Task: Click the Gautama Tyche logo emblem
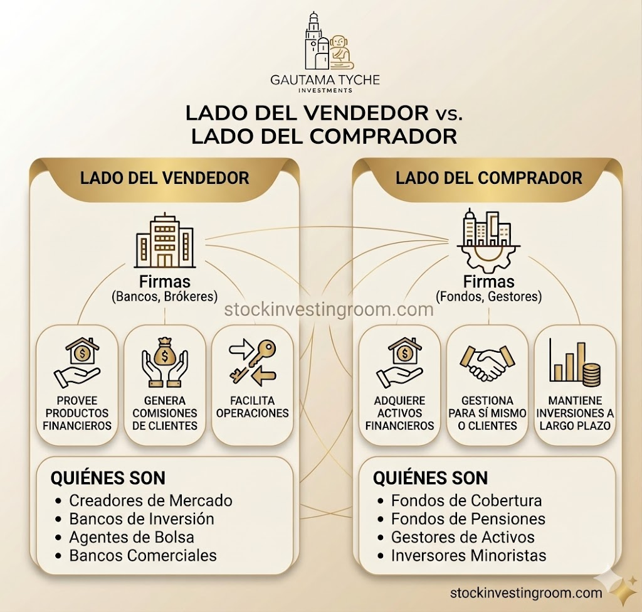(329, 40)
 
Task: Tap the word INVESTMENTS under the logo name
(325, 90)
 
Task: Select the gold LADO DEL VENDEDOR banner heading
(165, 178)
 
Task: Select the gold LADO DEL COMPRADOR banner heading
(489, 178)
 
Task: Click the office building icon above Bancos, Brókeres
(165, 240)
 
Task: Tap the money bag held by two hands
(165, 362)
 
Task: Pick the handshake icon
(487, 363)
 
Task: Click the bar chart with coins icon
(574, 361)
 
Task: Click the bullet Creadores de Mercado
(144, 500)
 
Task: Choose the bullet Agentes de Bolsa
(125, 537)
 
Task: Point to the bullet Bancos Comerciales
(136, 556)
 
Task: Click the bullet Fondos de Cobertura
(460, 500)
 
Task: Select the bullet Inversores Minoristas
(462, 556)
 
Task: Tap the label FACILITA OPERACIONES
(252, 407)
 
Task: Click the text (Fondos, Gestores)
(489, 296)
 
